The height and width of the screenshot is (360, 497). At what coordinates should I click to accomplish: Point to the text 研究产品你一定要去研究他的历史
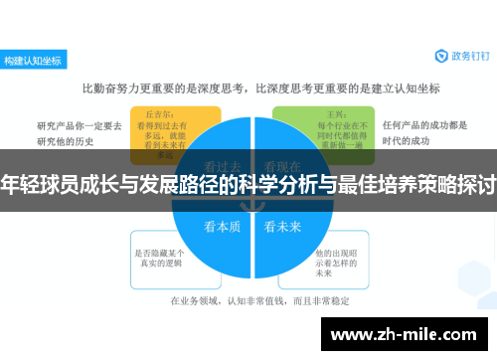(80, 131)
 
